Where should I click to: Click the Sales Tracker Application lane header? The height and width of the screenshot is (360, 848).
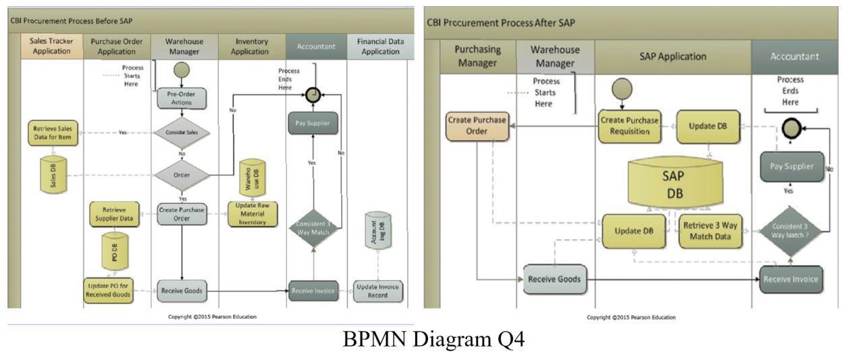pyautogui.click(x=51, y=46)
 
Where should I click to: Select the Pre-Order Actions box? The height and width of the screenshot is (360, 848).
pyautogui.click(x=182, y=98)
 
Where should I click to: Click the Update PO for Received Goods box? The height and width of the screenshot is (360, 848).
pyautogui.click(x=109, y=291)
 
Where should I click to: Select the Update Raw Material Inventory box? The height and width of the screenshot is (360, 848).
pyautogui.click(x=252, y=214)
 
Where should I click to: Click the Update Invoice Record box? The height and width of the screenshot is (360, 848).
pyautogui.click(x=378, y=291)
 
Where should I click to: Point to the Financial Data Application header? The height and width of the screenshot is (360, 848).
pyautogui.click(x=380, y=46)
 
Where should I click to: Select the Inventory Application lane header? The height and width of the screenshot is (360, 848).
pyautogui.click(x=250, y=46)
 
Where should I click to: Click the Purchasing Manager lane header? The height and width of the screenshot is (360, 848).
pyautogui.click(x=477, y=56)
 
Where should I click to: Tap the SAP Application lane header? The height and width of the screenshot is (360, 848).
pyautogui.click(x=672, y=56)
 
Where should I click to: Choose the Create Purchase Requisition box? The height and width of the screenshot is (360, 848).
pyautogui.click(x=629, y=126)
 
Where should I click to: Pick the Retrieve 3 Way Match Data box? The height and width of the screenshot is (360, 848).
pyautogui.click(x=710, y=230)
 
